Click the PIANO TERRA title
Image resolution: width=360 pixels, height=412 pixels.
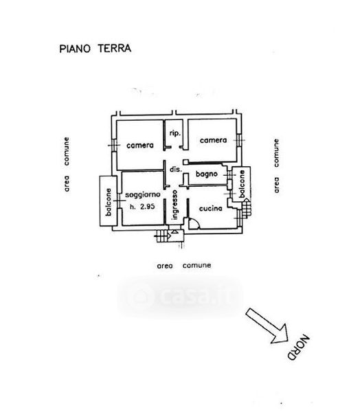pos(95,49)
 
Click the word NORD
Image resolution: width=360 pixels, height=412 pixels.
pos(299,347)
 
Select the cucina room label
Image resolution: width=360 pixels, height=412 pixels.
pos(211,209)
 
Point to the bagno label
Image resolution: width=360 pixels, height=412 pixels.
pos(207,174)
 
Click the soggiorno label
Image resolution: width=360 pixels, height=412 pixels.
pos(143,195)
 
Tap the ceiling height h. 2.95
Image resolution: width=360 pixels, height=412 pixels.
pos(142,207)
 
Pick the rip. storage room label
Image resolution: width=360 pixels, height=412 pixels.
pos(175,133)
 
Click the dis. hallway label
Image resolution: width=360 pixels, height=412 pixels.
pos(175,170)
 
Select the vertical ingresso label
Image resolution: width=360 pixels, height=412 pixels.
pos(175,205)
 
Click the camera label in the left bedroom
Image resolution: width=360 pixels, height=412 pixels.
pos(140,146)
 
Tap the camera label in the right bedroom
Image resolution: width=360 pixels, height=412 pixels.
pos(213,140)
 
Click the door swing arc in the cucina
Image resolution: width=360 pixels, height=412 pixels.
pos(196,222)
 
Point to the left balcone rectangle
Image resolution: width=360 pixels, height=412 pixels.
pos(108,201)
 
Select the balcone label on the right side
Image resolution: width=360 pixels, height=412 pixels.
pos(242,184)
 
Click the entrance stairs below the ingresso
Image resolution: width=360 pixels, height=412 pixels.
pos(163,236)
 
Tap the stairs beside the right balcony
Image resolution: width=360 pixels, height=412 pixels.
pos(247,208)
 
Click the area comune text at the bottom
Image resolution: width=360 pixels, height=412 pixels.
pos(184,266)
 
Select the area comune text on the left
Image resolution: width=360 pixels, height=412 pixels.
pos(67,165)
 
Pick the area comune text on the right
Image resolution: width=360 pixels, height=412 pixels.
pos(276,165)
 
